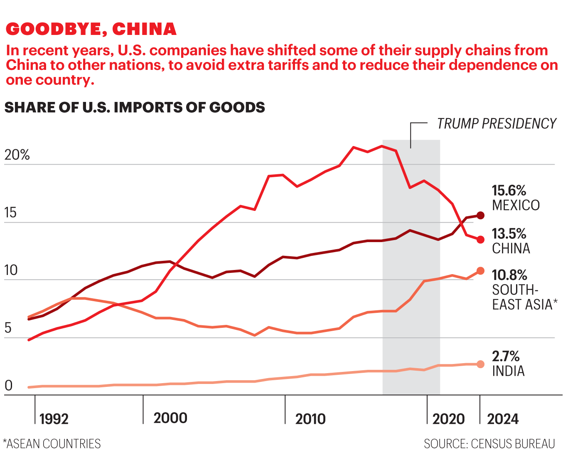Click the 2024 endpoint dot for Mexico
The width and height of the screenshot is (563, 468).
(x=480, y=215)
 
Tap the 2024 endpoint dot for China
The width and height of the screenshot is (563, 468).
(x=480, y=240)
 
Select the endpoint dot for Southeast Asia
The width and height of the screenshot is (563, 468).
(x=480, y=271)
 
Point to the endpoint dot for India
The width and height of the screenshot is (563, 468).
(x=480, y=364)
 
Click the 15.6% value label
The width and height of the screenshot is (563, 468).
(x=509, y=191)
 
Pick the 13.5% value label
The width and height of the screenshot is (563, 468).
(x=509, y=234)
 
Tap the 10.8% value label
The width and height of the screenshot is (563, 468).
(x=509, y=275)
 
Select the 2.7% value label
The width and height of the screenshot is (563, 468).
(x=506, y=356)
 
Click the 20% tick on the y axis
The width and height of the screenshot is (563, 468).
(x=17, y=155)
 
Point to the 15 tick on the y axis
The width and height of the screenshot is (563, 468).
(x=10, y=213)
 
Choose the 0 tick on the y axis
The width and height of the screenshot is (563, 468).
(x=9, y=386)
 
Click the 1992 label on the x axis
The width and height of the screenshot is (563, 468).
(x=54, y=419)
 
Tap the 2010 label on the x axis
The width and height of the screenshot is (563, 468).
(x=310, y=419)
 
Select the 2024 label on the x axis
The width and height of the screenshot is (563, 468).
(x=503, y=419)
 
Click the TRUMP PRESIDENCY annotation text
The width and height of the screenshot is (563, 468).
(x=497, y=124)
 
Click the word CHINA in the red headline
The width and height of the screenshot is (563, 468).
(x=144, y=29)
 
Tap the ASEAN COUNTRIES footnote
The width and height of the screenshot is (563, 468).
(x=52, y=444)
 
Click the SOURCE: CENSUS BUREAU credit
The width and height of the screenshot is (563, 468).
(x=489, y=444)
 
